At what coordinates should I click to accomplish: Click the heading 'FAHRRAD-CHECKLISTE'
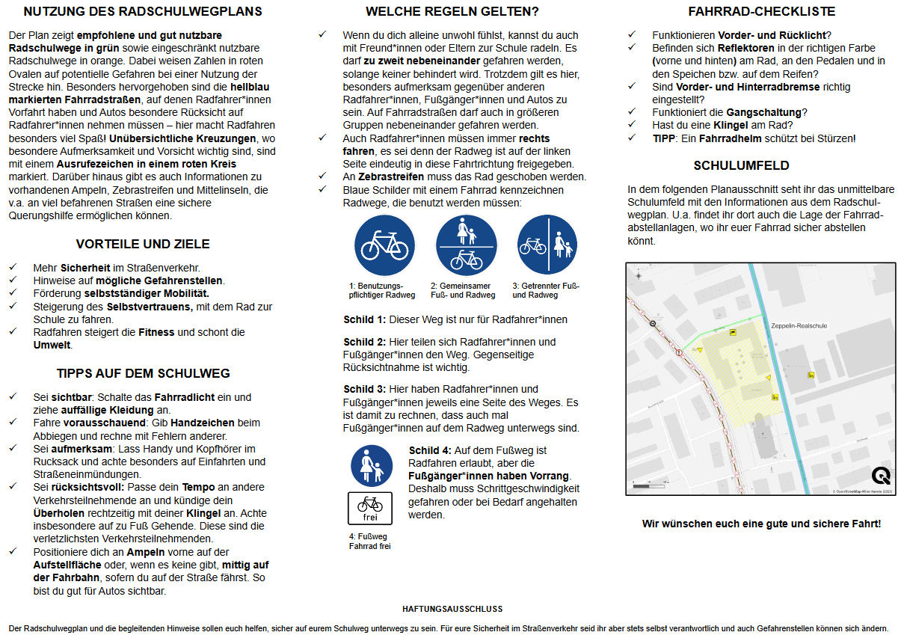coord(761,12)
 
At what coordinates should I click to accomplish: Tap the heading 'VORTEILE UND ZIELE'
coord(143,244)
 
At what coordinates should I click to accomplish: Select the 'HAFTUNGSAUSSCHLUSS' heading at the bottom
coord(452,610)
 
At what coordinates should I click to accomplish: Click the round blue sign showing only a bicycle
coord(384,245)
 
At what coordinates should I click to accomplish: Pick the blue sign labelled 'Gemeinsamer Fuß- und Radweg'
coord(466,245)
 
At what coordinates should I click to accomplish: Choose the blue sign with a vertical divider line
coord(547,245)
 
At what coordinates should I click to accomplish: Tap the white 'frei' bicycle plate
coord(369,508)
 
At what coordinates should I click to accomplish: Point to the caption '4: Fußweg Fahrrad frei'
coord(369,541)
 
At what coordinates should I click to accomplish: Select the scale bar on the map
coord(649,487)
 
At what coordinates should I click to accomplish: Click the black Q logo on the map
coord(881,476)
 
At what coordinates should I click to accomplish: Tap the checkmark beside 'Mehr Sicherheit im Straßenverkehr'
coord(13,267)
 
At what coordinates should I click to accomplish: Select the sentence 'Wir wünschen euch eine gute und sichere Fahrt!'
coord(761,524)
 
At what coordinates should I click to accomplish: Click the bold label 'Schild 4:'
coord(430,450)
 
